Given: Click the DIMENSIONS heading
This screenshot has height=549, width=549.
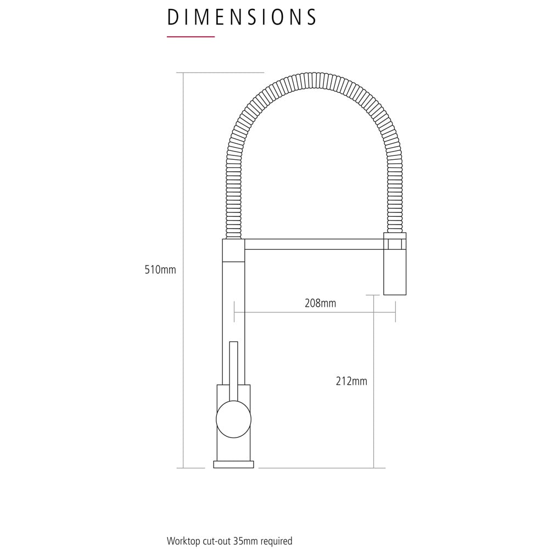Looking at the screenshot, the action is (x=242, y=17).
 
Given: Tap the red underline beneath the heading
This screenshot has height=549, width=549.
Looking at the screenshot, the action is (x=191, y=36).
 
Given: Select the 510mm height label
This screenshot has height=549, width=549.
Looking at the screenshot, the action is (x=160, y=270).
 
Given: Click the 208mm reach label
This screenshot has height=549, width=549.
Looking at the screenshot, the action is (x=321, y=303).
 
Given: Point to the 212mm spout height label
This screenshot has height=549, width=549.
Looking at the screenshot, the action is (x=351, y=381).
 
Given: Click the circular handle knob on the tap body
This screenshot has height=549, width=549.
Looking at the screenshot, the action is (x=233, y=419).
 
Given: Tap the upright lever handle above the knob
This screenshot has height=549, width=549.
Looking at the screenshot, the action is (x=233, y=371).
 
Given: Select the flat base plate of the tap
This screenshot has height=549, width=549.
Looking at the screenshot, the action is (x=233, y=464).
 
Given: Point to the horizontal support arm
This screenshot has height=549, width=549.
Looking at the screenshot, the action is (x=314, y=244).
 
